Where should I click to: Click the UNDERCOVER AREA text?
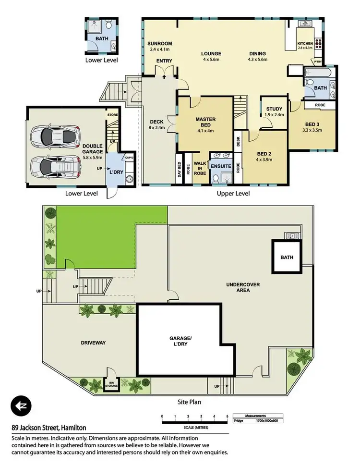[x=243, y=287]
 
